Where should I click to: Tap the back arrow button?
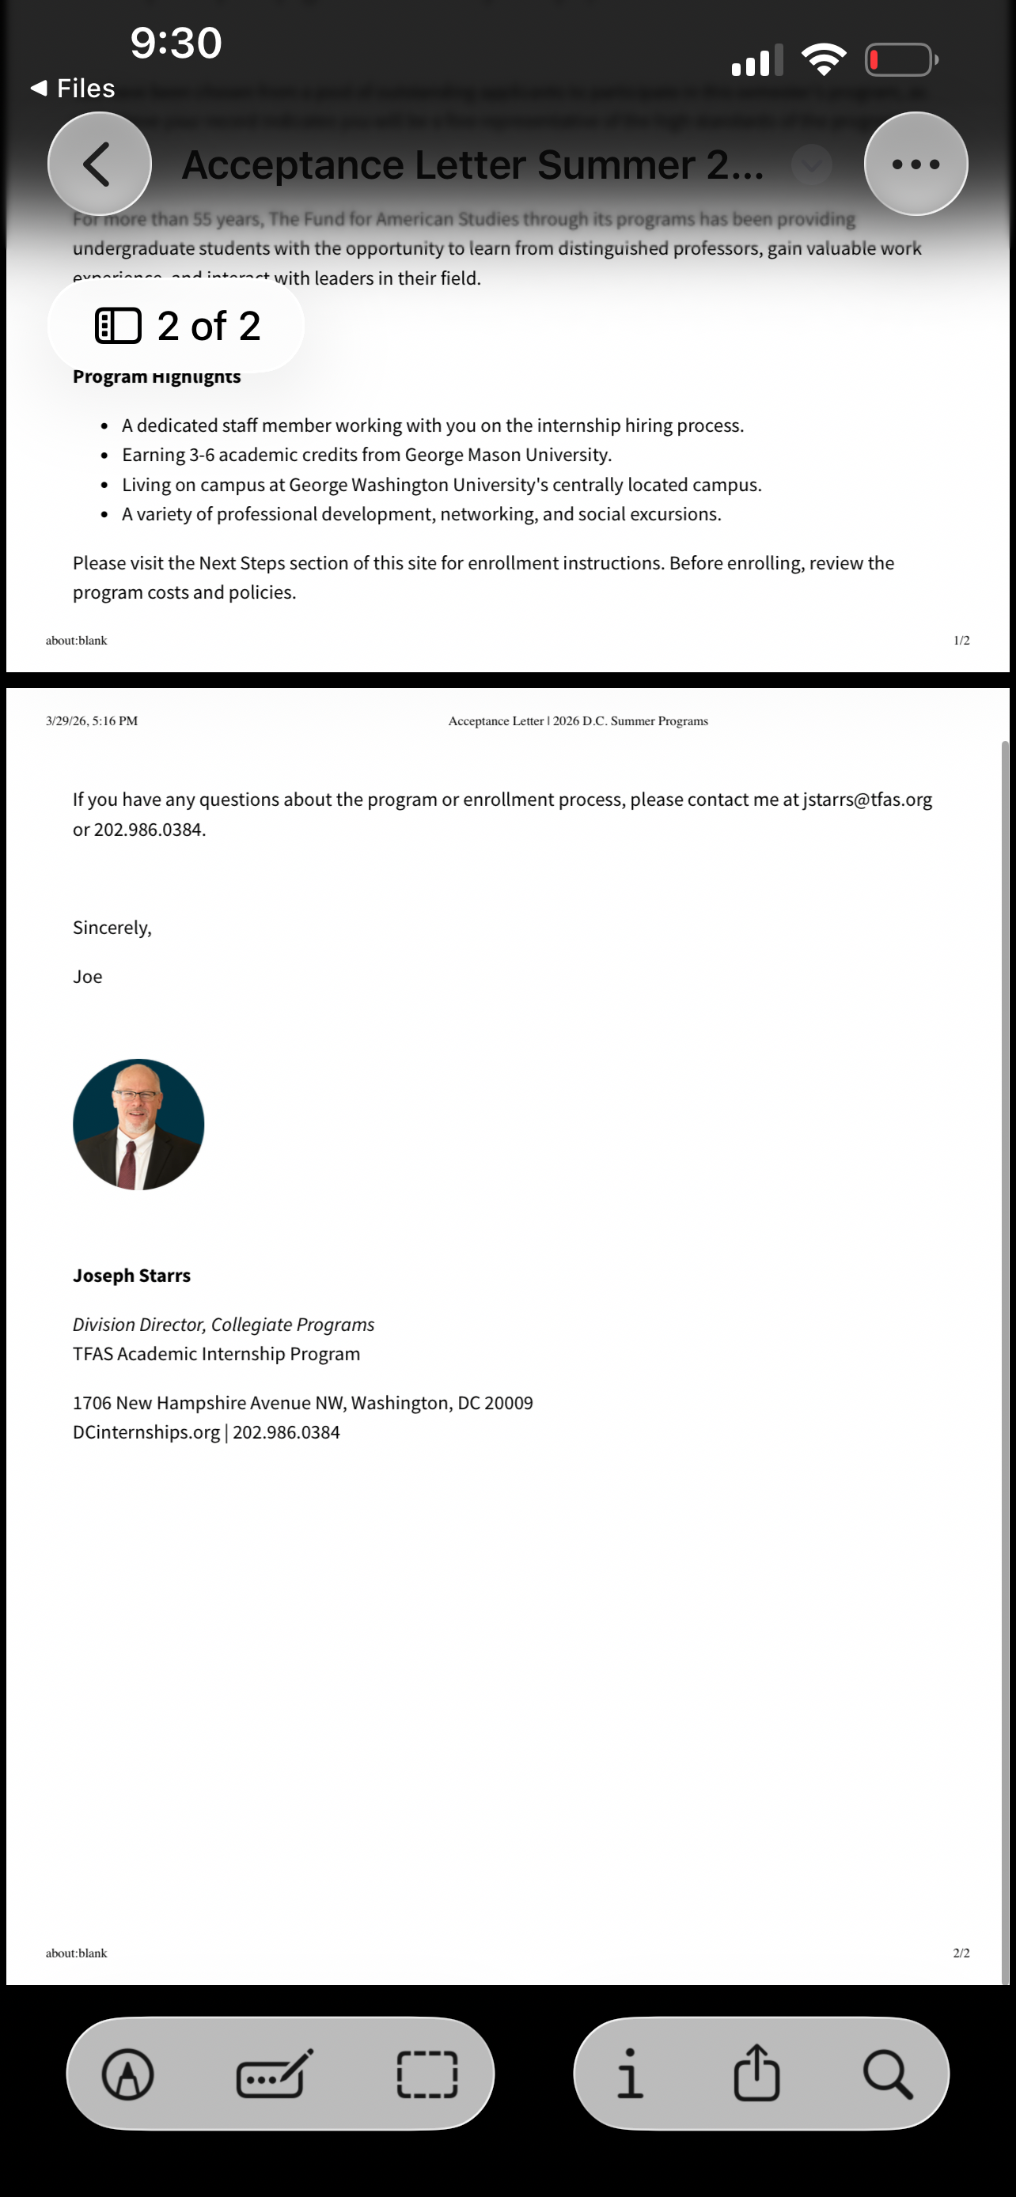pyautogui.click(x=99, y=164)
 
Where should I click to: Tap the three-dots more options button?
pyautogui.click(x=916, y=164)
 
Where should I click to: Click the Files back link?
pyautogui.click(x=74, y=88)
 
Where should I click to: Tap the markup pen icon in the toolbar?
pyautogui.click(x=128, y=2074)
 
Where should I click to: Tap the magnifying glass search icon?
pyautogui.click(x=887, y=2074)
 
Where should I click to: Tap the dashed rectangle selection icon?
pyautogui.click(x=427, y=2074)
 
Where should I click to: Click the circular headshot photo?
pyautogui.click(x=138, y=1124)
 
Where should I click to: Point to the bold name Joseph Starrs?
pyautogui.click(x=131, y=1275)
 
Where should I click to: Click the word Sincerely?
pyautogui.click(x=112, y=928)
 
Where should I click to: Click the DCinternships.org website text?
pyautogui.click(x=146, y=1432)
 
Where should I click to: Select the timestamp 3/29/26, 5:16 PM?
pyautogui.click(x=91, y=720)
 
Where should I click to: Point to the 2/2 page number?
pyautogui.click(x=961, y=1952)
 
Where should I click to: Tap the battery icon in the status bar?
pyautogui.click(x=900, y=59)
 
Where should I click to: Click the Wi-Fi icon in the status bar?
pyautogui.click(x=823, y=59)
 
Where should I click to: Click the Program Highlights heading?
pyautogui.click(x=156, y=377)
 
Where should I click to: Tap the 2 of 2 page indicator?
pyautogui.click(x=176, y=326)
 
